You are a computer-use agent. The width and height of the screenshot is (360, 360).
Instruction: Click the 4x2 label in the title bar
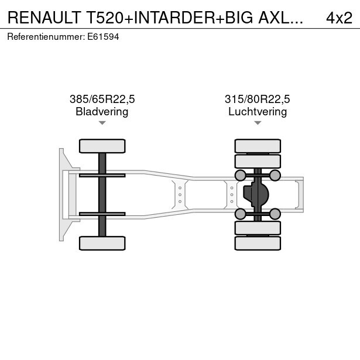tap(338, 18)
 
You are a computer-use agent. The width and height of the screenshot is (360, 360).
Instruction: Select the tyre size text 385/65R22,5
tap(102, 100)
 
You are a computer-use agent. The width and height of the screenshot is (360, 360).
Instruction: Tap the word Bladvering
tap(102, 111)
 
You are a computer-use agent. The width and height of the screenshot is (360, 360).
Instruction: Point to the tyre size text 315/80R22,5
tap(258, 100)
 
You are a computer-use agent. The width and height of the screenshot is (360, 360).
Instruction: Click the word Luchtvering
tap(258, 111)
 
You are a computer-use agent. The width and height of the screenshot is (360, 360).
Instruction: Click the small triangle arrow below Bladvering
tap(102, 123)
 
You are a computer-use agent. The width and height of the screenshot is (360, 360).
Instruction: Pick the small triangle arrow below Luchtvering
tap(258, 123)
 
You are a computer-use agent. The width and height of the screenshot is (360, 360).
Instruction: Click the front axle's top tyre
tap(102, 146)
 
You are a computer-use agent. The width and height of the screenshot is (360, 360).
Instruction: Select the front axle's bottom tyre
tap(102, 243)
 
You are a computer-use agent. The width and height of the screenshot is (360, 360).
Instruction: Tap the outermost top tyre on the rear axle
tap(258, 146)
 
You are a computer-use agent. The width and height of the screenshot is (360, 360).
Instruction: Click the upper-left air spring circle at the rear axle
tap(240, 175)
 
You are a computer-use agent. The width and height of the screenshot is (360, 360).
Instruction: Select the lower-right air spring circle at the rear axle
tap(275, 214)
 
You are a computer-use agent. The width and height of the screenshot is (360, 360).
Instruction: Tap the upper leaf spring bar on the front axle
tap(102, 174)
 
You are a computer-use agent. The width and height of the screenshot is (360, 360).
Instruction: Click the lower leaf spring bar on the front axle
tap(102, 214)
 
